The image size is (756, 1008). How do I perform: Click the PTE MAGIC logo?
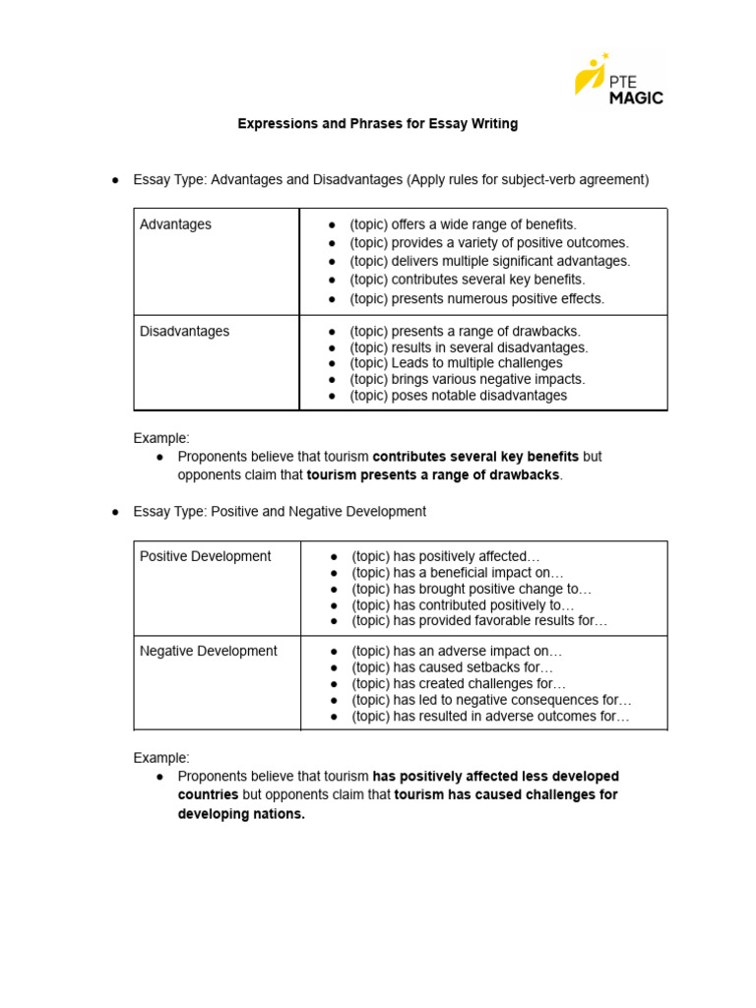click(619, 78)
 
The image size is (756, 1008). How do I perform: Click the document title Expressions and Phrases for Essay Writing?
click(377, 124)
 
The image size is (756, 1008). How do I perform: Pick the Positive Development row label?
click(205, 556)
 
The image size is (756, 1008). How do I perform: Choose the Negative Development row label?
click(208, 651)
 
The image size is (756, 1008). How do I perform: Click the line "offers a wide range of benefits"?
click(464, 224)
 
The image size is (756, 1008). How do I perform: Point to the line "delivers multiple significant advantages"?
click(490, 261)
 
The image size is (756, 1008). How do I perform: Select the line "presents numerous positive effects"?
click(477, 298)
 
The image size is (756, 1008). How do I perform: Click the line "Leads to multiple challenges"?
click(456, 363)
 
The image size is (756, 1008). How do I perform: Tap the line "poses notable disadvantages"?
click(459, 396)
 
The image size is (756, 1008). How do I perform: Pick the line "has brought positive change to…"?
click(472, 590)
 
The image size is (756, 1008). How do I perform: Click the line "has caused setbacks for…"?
click(452, 667)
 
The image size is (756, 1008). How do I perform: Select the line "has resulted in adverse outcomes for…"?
click(490, 717)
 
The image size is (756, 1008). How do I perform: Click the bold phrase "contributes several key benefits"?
click(475, 457)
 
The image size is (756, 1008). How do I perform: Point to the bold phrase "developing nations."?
click(241, 814)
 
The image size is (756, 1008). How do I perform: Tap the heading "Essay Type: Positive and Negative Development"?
click(280, 512)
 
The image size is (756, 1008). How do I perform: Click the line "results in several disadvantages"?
click(469, 347)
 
